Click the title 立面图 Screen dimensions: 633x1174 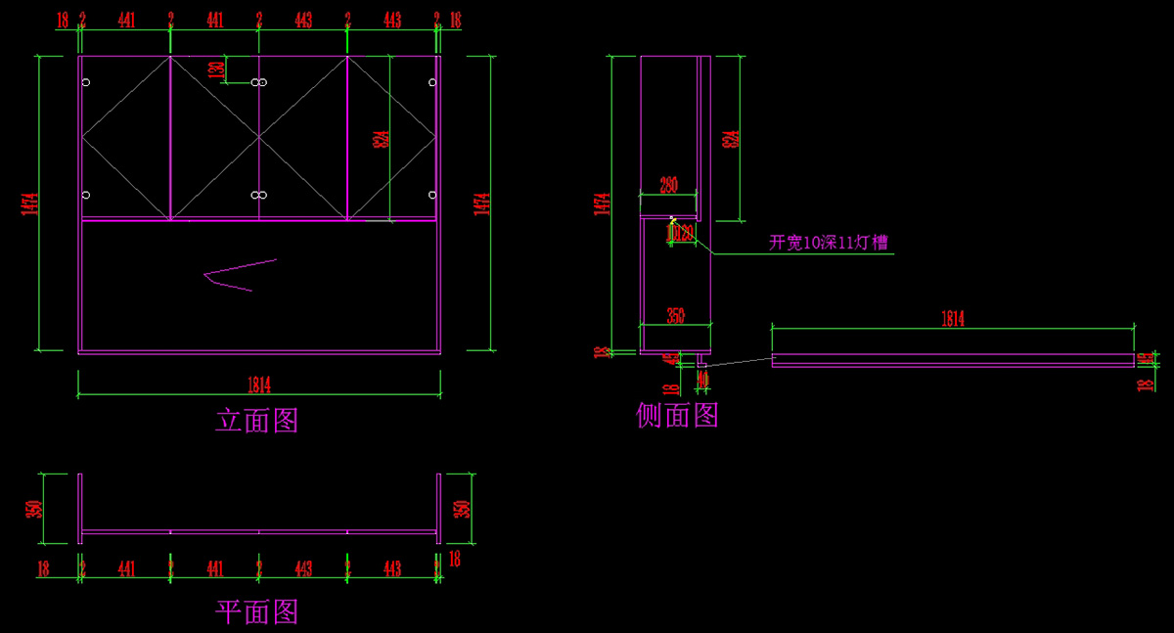(x=256, y=421)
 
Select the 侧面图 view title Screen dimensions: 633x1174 (x=677, y=416)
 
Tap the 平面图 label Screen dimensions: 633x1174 (x=256, y=612)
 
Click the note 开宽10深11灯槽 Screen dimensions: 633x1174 (x=829, y=243)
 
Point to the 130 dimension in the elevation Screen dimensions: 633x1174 (x=216, y=69)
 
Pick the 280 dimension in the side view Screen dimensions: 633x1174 (x=669, y=184)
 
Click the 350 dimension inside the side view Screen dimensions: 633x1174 (x=675, y=316)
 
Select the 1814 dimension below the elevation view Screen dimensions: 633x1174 (x=258, y=384)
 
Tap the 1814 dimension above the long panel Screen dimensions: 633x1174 (x=952, y=318)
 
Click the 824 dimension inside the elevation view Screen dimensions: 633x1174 (x=381, y=139)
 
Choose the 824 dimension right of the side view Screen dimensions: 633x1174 (x=729, y=139)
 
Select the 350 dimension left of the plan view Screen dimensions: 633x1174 (x=34, y=509)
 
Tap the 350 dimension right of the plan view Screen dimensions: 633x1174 (x=463, y=509)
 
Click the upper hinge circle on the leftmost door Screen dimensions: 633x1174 (x=86, y=83)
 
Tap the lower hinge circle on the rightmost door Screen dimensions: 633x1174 (x=432, y=195)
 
